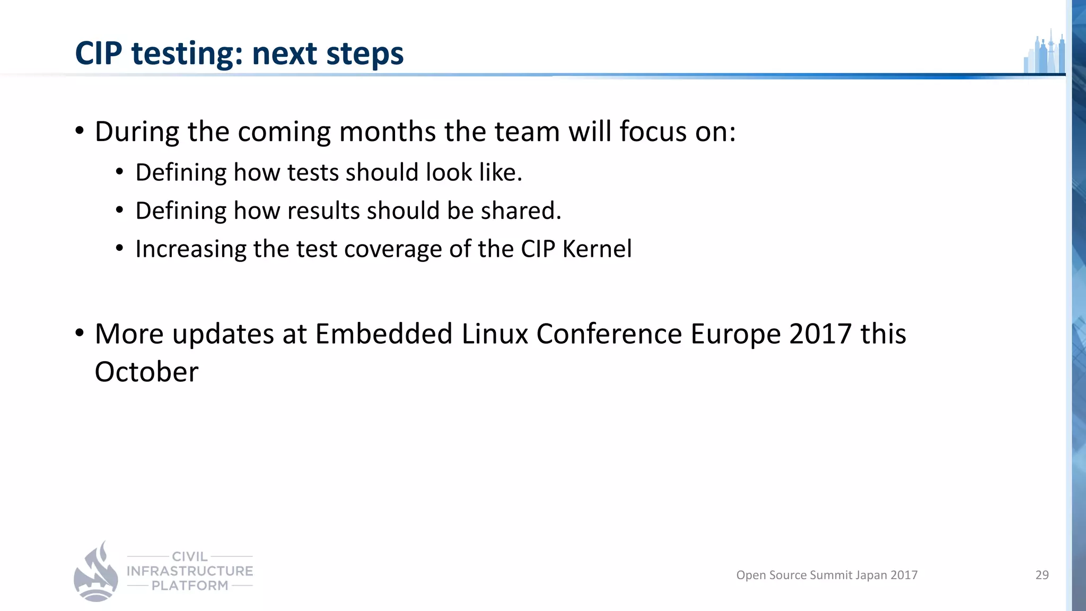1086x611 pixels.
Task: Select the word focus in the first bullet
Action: [x=653, y=132]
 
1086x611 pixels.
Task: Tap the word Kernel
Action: [x=597, y=249]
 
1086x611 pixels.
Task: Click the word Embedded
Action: [x=383, y=334]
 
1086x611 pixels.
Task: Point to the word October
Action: [x=146, y=372]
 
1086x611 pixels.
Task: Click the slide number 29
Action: [x=1041, y=575]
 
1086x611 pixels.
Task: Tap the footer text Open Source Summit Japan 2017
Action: [x=826, y=575]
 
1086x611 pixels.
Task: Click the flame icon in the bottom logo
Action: [x=96, y=573]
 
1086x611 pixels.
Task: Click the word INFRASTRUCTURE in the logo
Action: [x=190, y=571]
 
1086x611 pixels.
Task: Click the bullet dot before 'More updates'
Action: [x=80, y=333]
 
